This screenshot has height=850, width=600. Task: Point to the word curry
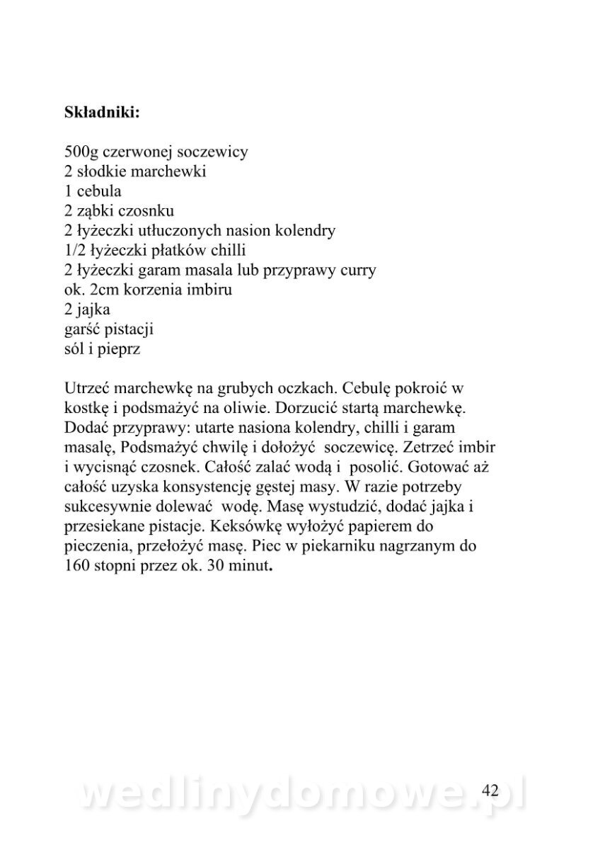pyautogui.click(x=357, y=271)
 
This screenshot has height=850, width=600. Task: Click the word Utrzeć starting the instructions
pyautogui.click(x=86, y=389)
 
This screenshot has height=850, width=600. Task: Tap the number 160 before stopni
pyautogui.click(x=77, y=567)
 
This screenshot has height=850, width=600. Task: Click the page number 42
pyautogui.click(x=490, y=790)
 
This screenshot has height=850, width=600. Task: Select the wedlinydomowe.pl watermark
pyautogui.click(x=301, y=793)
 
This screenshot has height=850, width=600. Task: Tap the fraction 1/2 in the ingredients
pyautogui.click(x=74, y=251)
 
